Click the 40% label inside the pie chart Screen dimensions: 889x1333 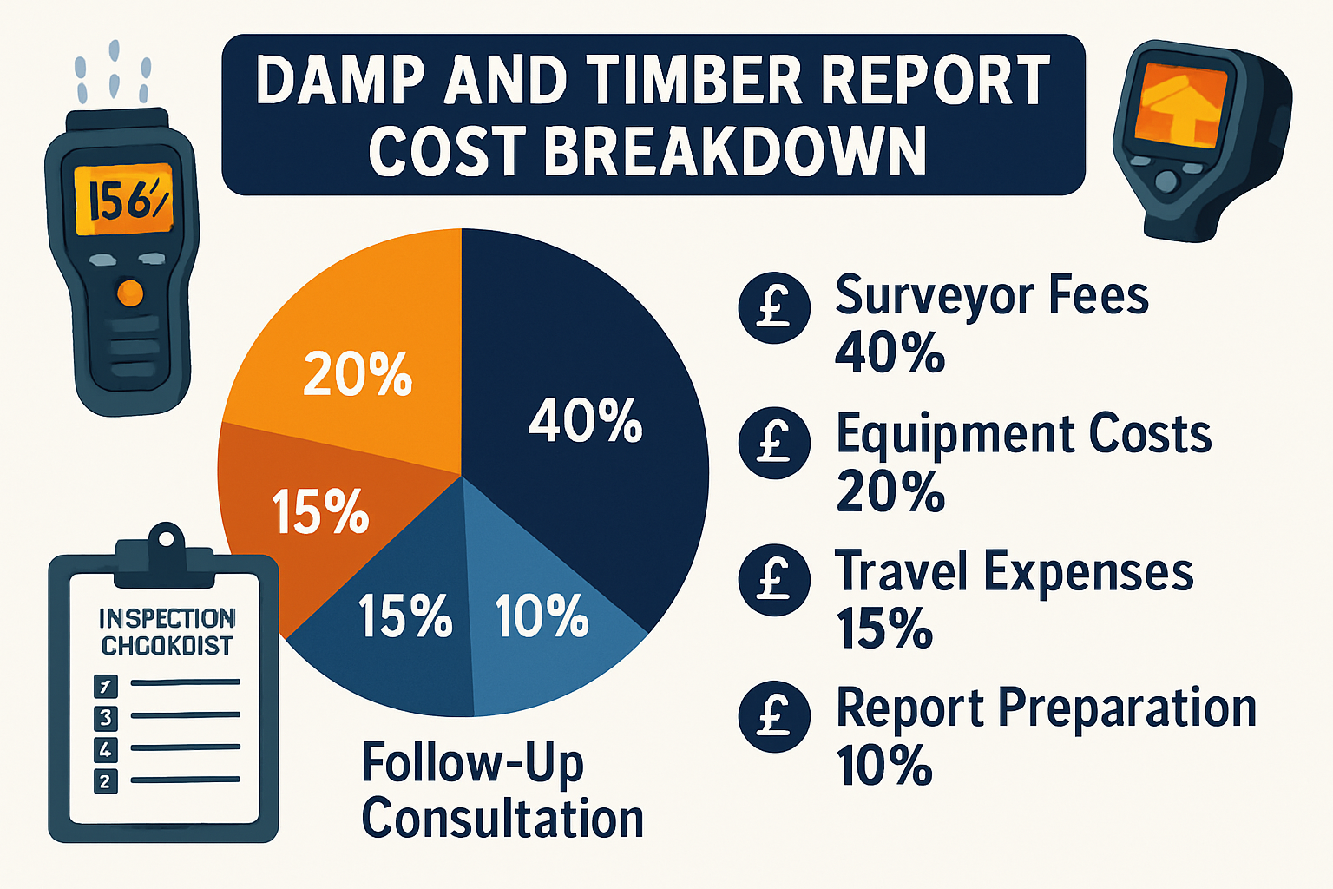point(586,421)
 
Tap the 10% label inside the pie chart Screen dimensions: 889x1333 point(542,616)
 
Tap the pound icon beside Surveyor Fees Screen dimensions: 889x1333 point(774,307)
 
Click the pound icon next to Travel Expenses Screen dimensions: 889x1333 point(774,581)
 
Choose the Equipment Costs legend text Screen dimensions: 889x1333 point(1023,434)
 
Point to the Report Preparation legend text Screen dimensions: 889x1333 point(1046,708)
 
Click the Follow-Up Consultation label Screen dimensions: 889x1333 point(502,790)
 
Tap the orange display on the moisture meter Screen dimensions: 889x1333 point(123,201)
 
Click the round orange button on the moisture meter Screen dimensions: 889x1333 point(129,293)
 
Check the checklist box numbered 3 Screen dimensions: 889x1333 point(105,717)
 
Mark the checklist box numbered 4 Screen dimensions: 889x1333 point(105,749)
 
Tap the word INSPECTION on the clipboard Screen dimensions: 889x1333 point(167,618)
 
